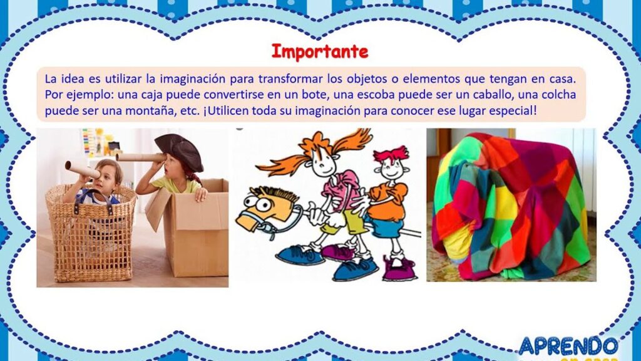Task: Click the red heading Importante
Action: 320,52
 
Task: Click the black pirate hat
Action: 180,152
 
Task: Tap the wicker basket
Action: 90,233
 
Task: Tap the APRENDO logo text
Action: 568,346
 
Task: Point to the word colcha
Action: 558,95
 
